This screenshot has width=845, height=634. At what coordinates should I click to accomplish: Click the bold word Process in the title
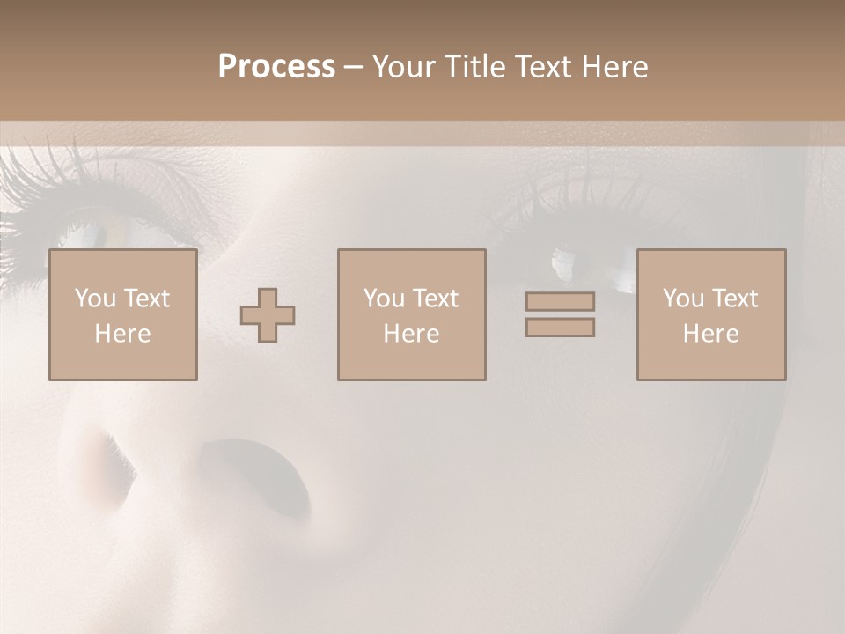276,67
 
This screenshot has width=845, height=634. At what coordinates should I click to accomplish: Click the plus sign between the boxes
268,315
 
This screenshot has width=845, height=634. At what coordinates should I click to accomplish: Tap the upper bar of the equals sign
560,301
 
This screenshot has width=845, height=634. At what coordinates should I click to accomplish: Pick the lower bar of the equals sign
560,327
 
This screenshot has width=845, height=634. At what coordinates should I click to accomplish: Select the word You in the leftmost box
95,299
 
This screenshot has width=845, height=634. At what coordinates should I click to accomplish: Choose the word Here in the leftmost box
122,334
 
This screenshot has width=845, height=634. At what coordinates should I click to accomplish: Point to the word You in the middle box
384,299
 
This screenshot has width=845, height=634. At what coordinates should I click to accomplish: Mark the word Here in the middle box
411,334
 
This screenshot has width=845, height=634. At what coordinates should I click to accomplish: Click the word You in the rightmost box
683,299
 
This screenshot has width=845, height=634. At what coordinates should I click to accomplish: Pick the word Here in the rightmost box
710,334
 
